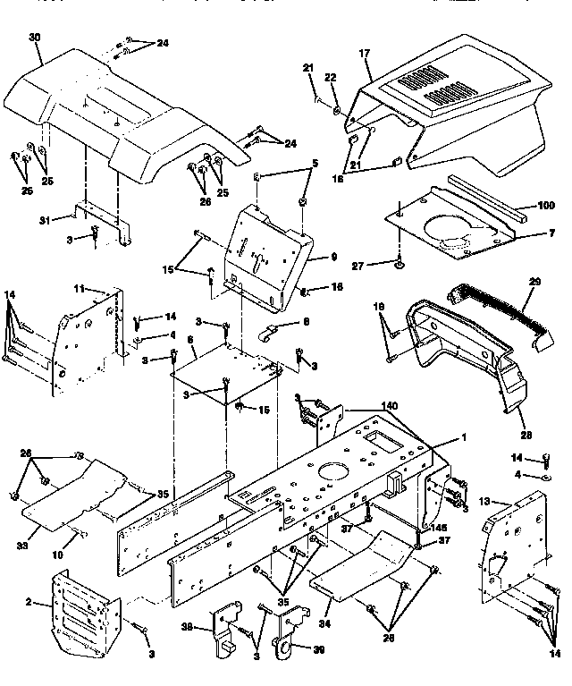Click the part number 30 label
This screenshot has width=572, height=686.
tap(35, 38)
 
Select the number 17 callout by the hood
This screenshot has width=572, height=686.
tap(365, 55)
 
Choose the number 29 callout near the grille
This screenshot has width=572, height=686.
tap(535, 282)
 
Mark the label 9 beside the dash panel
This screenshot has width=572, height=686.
tap(333, 257)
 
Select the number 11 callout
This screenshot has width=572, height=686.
tap(78, 288)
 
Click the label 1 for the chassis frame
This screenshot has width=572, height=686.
tap(464, 437)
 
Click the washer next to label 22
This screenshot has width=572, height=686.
tap(336, 110)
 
